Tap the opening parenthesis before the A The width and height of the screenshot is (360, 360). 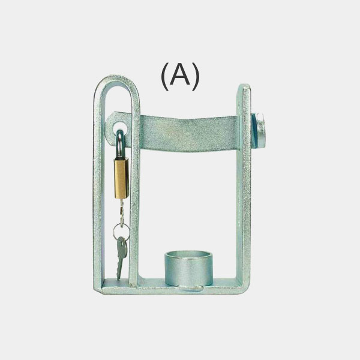[165, 76]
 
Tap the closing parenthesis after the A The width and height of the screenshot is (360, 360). [196, 76]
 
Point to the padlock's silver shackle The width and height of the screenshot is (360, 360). [119, 143]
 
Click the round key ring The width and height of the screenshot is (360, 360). [121, 232]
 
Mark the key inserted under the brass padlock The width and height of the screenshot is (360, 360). [121, 211]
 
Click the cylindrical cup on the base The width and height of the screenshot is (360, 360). [188, 268]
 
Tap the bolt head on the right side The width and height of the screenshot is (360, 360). [260, 130]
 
